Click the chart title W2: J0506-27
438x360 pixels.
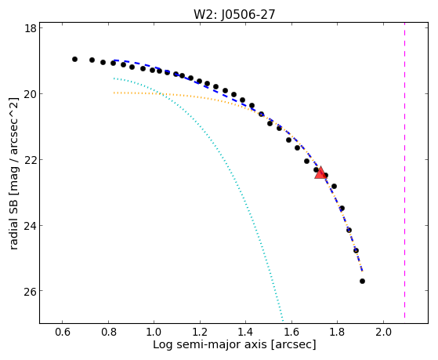tap(234, 14)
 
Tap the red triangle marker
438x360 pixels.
tap(320, 173)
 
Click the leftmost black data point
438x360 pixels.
tap(74, 60)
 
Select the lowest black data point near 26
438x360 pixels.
tap(362, 281)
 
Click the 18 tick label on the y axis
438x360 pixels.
tap(31, 28)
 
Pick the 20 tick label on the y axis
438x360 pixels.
tap(31, 93)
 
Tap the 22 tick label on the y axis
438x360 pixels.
tap(31, 159)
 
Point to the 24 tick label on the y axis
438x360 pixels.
tap(31, 225)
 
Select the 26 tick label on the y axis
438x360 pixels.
tap(31, 291)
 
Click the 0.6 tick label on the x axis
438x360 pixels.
tap(63, 332)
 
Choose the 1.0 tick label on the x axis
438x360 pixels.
tap(154, 332)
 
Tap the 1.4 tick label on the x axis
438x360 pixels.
tap(245, 332)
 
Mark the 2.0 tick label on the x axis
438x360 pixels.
tap(383, 332)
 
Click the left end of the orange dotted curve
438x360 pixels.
tap(114, 93)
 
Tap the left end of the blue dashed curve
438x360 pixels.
tap(114, 60)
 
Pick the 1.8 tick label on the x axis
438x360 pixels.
tap(338, 332)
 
